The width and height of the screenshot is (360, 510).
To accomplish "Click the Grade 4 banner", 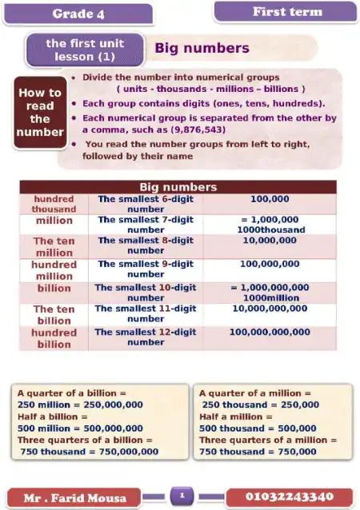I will [79, 14].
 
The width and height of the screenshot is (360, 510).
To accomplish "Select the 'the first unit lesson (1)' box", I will [85, 50].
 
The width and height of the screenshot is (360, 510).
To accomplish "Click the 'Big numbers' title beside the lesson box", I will [202, 48].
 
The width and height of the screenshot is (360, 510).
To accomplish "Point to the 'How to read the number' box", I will [39, 112].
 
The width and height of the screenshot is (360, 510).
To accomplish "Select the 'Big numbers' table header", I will [178, 187].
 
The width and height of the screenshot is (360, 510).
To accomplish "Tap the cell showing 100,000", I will [269, 198].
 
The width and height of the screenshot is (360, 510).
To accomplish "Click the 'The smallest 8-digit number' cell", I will [146, 245].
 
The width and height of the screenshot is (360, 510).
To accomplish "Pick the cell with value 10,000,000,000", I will [269, 308].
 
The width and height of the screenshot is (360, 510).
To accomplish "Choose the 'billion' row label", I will [54, 288].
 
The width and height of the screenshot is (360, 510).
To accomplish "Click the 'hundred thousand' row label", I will [54, 204].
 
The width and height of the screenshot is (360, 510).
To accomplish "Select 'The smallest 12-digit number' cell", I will [146, 337].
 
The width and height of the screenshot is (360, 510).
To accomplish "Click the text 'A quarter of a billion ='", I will [72, 393].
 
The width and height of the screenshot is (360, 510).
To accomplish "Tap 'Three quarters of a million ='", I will [268, 440].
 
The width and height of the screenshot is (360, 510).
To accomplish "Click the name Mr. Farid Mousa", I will [75, 498].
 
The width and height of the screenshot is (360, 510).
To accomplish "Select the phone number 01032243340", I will [289, 496].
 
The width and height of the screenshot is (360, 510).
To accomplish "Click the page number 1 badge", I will [182, 496].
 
